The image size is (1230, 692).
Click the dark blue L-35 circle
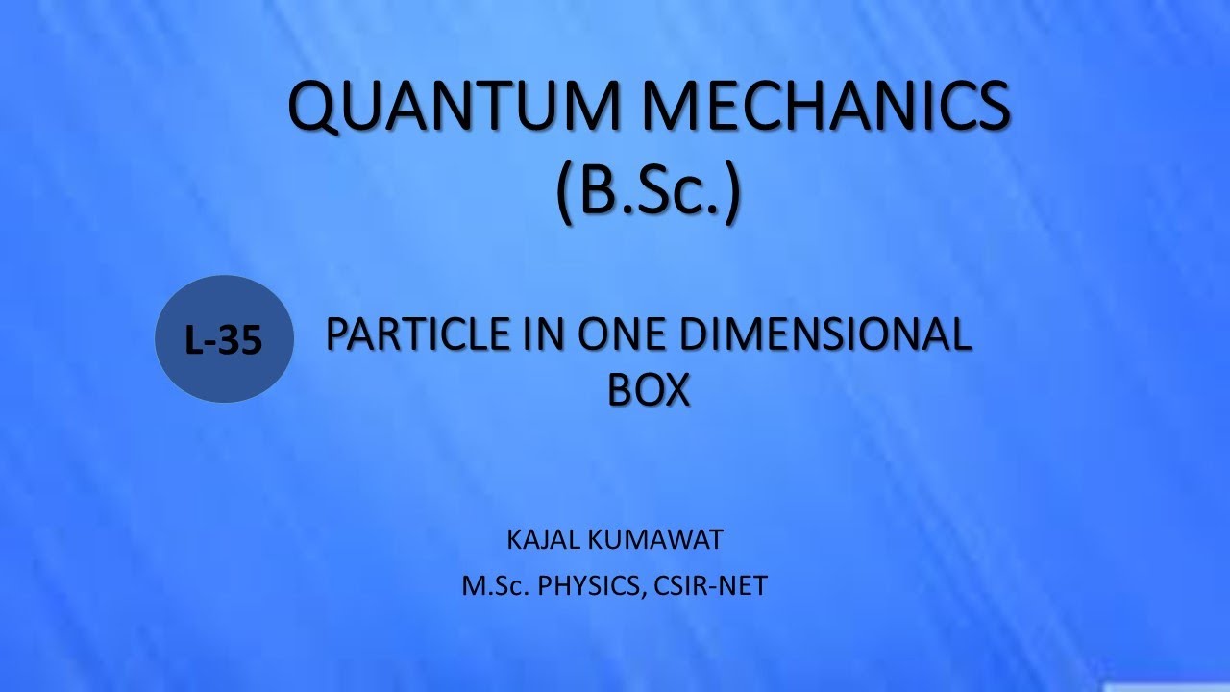coord(224,339)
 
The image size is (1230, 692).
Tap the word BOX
coord(650,389)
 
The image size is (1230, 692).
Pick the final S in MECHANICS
coord(990,109)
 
